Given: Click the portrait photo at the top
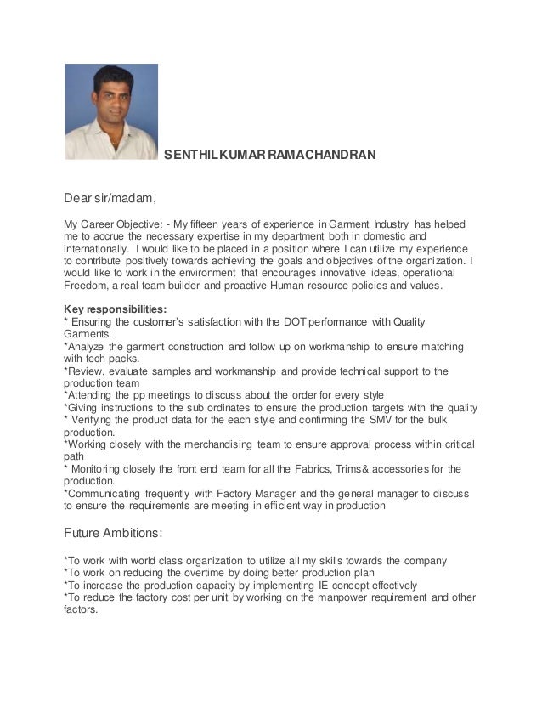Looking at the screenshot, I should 111,111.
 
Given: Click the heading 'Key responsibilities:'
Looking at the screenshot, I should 116,309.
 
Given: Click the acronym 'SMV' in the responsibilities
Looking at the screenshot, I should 381,420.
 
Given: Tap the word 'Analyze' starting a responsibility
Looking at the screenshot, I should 89,346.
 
